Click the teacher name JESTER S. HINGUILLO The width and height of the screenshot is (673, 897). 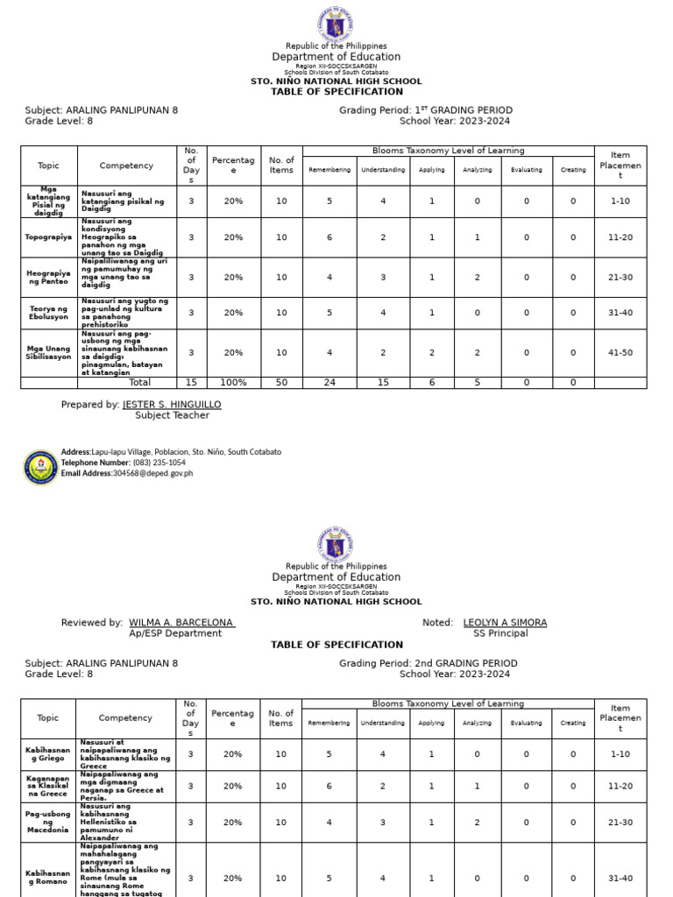click(x=172, y=405)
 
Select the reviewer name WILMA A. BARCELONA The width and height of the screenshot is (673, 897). click(x=181, y=623)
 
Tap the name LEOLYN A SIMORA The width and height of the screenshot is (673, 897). click(x=505, y=623)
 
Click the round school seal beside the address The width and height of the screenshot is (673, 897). click(x=41, y=468)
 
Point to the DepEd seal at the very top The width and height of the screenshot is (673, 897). click(x=336, y=23)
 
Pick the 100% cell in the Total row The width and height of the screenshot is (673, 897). click(x=233, y=383)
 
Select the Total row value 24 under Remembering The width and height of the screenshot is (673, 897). click(x=329, y=383)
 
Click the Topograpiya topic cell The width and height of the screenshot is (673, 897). click(x=49, y=237)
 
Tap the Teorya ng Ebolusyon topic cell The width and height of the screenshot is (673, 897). click(x=49, y=313)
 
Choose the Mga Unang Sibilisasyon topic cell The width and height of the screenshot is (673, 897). click(x=49, y=353)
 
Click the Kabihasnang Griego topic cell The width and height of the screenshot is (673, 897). click(x=48, y=754)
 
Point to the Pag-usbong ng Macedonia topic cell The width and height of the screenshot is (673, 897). click(x=48, y=823)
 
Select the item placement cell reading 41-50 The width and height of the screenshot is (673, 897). click(x=620, y=353)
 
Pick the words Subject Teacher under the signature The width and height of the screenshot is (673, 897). click(x=172, y=415)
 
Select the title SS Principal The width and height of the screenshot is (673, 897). click(x=500, y=633)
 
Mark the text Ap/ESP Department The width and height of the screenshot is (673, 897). click(x=175, y=633)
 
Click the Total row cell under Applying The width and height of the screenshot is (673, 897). click(x=431, y=383)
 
